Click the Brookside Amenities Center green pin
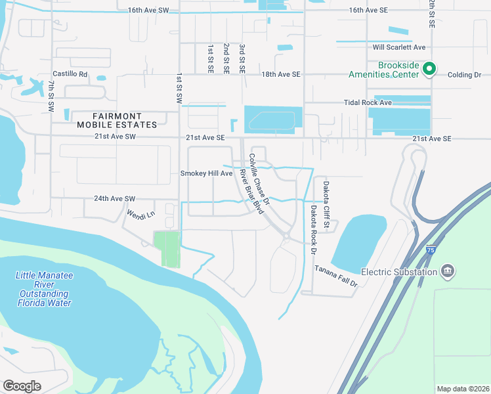429,68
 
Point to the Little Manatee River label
45,289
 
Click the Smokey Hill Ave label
207,173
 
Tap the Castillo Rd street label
70,74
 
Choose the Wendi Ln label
140,214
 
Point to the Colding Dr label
465,75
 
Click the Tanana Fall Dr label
336,276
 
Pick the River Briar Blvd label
251,191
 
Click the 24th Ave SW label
114,198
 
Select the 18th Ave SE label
281,75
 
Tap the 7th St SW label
51,95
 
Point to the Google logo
22,385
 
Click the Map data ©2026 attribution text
462,388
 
